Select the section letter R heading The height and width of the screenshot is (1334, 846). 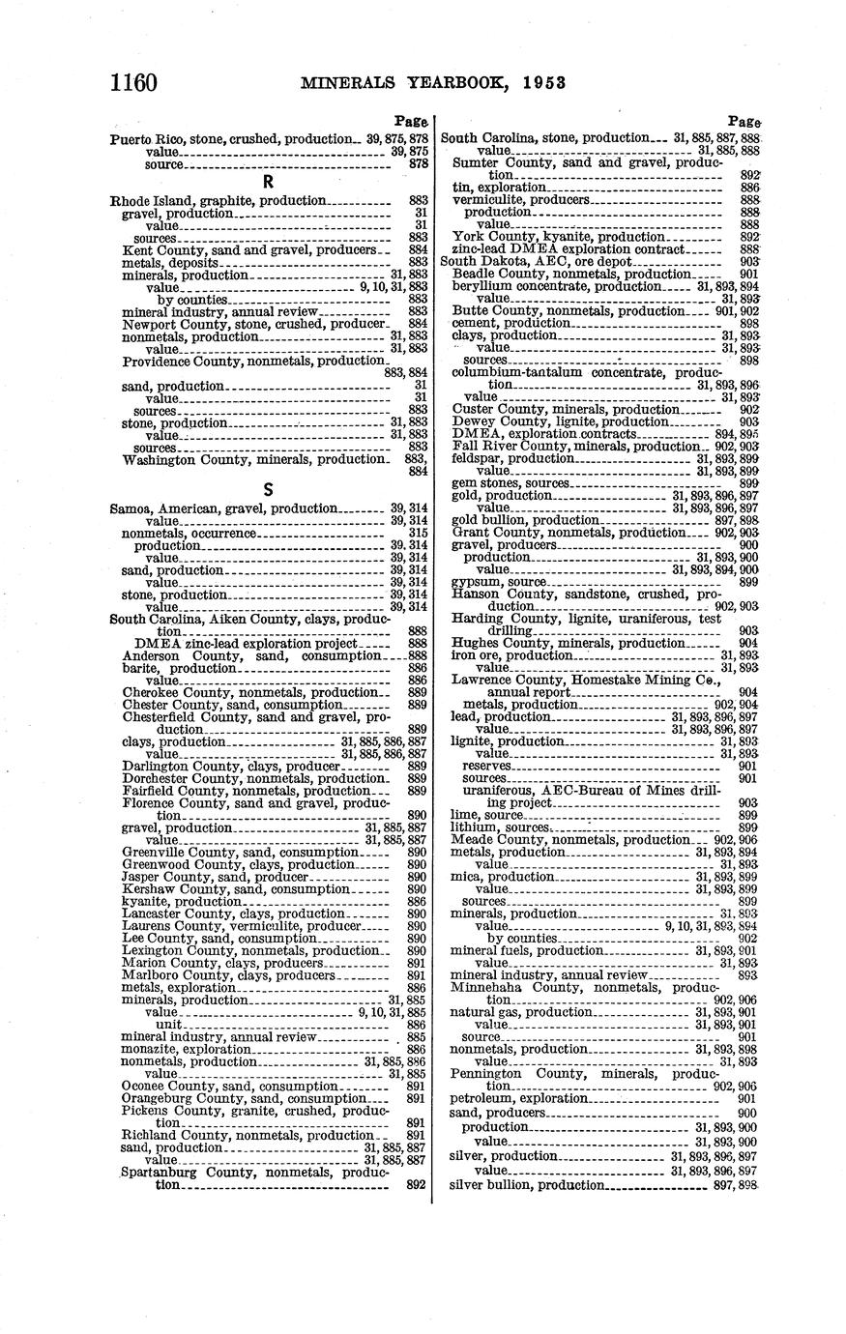[269, 182]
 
